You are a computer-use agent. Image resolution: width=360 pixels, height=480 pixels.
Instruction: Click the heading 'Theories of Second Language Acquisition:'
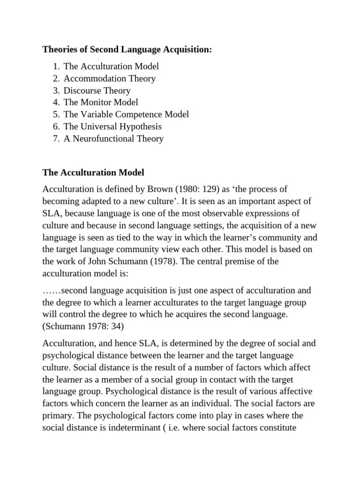[127, 49]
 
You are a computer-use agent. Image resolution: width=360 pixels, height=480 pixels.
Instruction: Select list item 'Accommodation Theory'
[110, 78]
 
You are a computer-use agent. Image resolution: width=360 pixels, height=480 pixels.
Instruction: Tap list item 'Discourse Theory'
[97, 90]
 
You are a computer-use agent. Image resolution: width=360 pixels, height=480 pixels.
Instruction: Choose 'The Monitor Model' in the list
[101, 102]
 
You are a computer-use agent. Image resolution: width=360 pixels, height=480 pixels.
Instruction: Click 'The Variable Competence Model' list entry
[126, 114]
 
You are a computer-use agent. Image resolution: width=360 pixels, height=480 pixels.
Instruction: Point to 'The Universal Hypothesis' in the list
[112, 127]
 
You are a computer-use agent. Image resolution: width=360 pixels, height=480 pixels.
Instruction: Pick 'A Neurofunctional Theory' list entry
[113, 138]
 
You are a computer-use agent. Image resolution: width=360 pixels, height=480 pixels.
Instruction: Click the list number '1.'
[56, 67]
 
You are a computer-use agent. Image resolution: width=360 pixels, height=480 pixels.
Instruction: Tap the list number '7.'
[56, 138]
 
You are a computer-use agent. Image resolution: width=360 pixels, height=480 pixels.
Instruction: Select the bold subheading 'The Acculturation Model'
[93, 172]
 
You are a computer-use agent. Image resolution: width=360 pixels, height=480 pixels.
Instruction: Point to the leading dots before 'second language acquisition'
[52, 291]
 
